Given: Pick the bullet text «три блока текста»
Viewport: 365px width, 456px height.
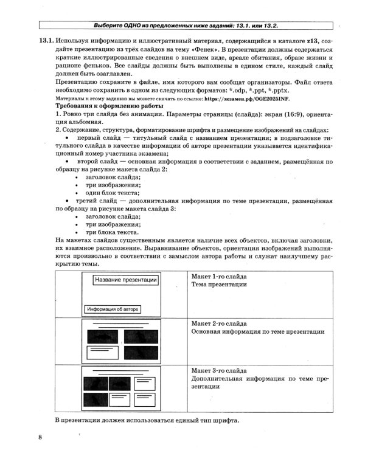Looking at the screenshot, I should click(112, 232).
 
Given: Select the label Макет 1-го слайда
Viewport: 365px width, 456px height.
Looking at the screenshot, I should click(219, 276).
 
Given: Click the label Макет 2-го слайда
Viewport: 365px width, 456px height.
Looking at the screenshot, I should click(219, 323).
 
